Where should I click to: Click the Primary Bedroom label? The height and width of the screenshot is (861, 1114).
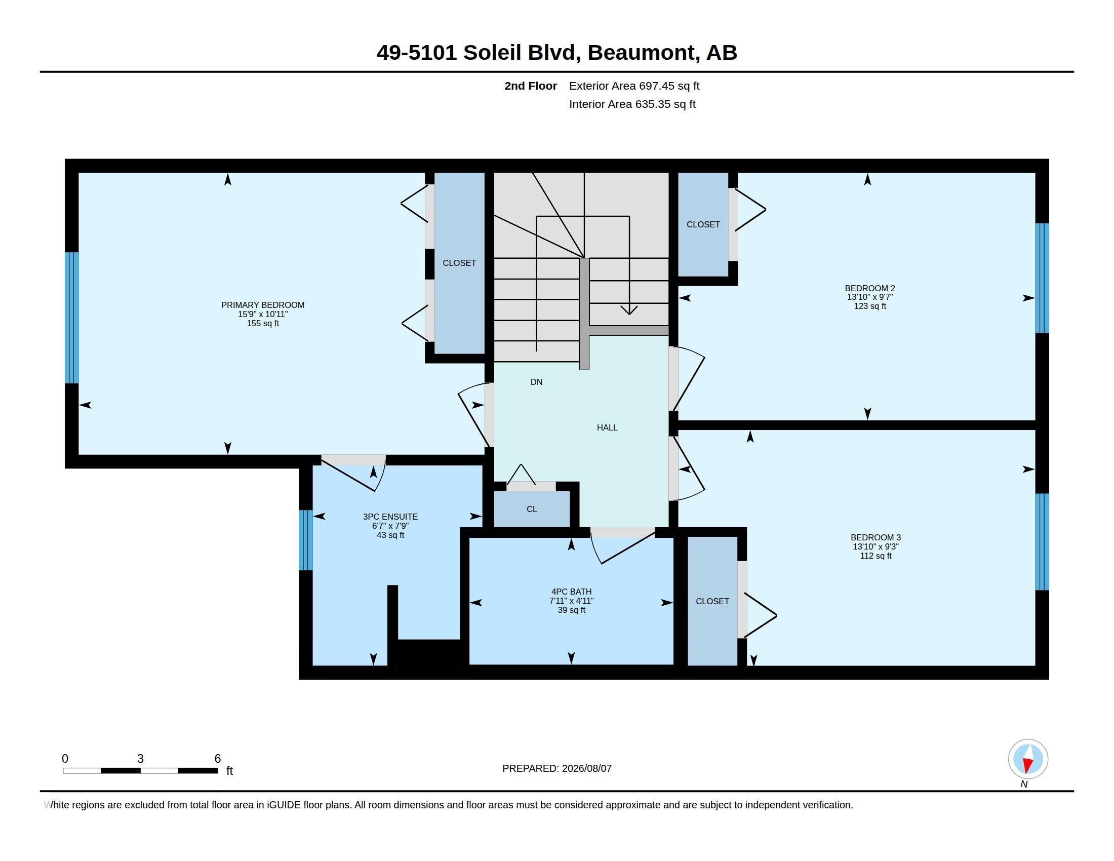click(x=263, y=305)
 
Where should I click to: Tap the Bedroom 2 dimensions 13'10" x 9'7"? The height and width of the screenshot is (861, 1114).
click(x=869, y=297)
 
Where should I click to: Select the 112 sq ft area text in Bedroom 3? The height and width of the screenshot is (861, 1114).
click(x=876, y=556)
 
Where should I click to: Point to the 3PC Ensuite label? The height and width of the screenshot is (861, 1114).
click(x=390, y=517)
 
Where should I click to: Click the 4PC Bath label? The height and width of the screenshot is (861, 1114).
click(x=571, y=592)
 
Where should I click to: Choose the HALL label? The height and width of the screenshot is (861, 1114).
click(x=607, y=427)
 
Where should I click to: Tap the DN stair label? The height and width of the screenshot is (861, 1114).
click(x=536, y=382)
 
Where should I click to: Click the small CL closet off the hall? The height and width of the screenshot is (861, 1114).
click(x=532, y=509)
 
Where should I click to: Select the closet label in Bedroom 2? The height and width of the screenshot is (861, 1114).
click(x=703, y=224)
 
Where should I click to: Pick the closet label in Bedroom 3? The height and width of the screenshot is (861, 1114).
click(x=712, y=601)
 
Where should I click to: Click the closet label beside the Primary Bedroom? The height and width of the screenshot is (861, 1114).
click(x=459, y=263)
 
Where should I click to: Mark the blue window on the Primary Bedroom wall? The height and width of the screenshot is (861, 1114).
click(x=72, y=317)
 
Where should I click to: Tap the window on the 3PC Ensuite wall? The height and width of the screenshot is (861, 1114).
click(x=305, y=540)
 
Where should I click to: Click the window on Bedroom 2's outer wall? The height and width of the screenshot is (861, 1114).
click(x=1042, y=278)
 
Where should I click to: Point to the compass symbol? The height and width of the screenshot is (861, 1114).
click(x=1028, y=759)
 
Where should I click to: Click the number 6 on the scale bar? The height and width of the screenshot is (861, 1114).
click(x=218, y=759)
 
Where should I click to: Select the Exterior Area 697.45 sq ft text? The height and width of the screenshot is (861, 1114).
click(x=634, y=86)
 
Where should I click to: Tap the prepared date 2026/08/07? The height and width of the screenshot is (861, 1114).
click(x=586, y=768)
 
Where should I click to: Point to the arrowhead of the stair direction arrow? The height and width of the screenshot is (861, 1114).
click(x=629, y=310)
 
